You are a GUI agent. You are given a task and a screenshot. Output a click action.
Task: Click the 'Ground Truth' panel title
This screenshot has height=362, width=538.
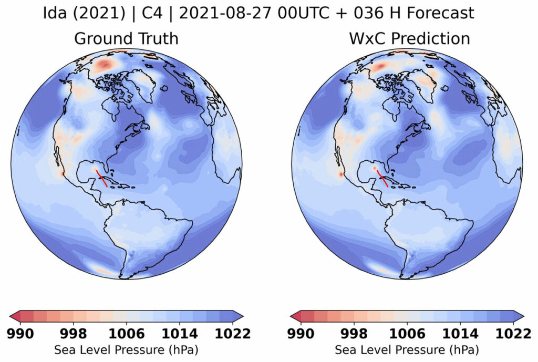(x=126, y=38)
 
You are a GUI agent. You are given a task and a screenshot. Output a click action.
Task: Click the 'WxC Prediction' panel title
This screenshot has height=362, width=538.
(x=409, y=38)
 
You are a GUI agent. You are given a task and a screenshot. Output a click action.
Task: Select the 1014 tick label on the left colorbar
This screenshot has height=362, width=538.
(x=180, y=334)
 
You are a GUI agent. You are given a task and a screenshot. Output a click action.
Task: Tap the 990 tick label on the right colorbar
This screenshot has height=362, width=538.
(x=302, y=334)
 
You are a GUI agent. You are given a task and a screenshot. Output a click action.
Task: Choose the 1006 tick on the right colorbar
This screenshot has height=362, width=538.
(x=407, y=334)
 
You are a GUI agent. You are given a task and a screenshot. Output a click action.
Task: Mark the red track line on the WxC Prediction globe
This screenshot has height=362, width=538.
(x=384, y=177)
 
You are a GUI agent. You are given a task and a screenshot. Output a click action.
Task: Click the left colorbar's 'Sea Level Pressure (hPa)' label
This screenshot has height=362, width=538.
(x=126, y=349)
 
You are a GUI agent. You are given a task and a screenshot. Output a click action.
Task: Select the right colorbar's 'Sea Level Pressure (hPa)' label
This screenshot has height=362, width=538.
(x=407, y=349)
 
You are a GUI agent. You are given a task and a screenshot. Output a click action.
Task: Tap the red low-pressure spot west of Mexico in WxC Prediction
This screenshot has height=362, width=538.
(x=341, y=173)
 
